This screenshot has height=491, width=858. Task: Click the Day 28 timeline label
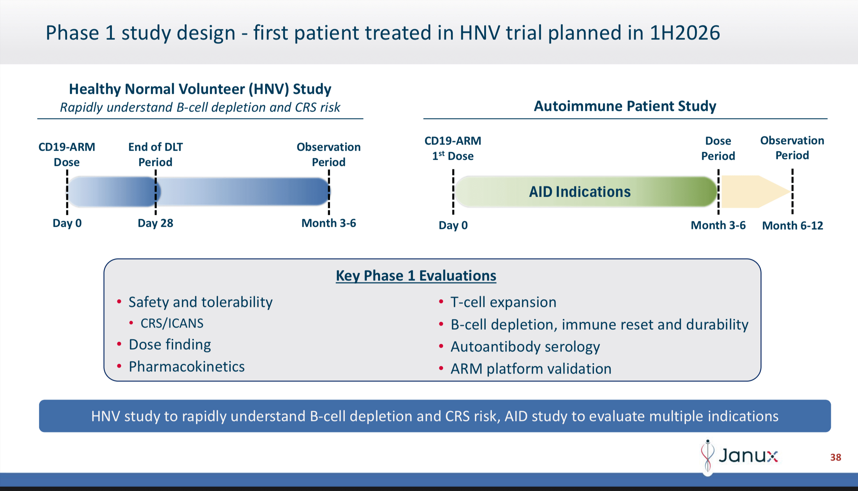tap(155, 223)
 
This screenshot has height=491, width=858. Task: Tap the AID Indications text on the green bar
tap(579, 192)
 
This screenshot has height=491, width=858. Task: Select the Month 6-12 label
tap(792, 225)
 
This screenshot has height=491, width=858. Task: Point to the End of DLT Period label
tap(155, 154)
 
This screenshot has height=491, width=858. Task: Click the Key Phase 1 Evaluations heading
tap(416, 276)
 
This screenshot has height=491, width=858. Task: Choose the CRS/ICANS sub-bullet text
tap(172, 323)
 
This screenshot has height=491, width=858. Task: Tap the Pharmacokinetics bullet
tap(187, 367)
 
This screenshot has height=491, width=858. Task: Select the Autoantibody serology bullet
tap(525, 347)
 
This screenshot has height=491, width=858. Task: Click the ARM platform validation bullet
tap(531, 369)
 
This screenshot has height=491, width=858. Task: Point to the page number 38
tap(835, 457)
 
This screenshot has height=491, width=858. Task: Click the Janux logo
tap(741, 455)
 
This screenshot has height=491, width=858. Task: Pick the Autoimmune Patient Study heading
tap(625, 106)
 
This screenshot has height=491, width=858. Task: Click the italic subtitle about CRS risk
tap(200, 108)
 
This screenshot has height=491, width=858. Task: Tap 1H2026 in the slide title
tap(685, 33)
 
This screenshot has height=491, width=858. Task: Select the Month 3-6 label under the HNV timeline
tap(328, 223)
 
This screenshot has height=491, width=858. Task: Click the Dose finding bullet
tap(169, 345)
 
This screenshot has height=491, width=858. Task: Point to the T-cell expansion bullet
tap(503, 302)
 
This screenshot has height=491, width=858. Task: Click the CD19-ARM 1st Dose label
tap(453, 148)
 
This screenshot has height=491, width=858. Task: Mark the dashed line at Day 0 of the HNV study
tap(67, 192)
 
